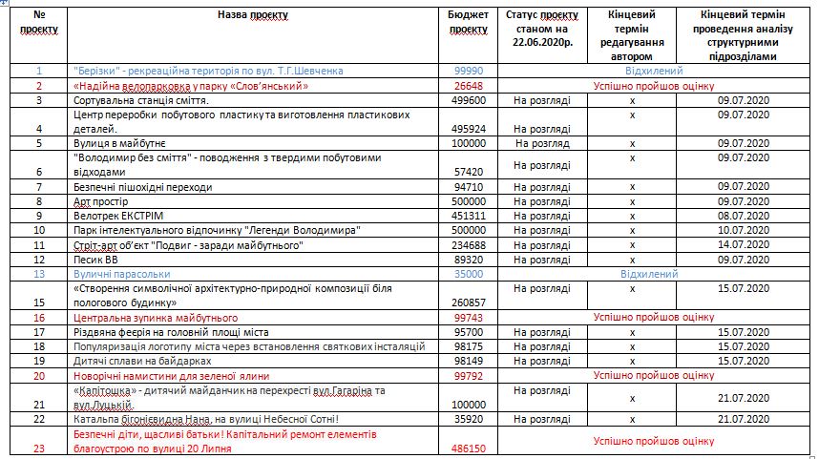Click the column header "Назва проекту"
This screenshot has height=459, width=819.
tap(253, 15)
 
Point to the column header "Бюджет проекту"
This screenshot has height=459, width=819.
tap(468, 22)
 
